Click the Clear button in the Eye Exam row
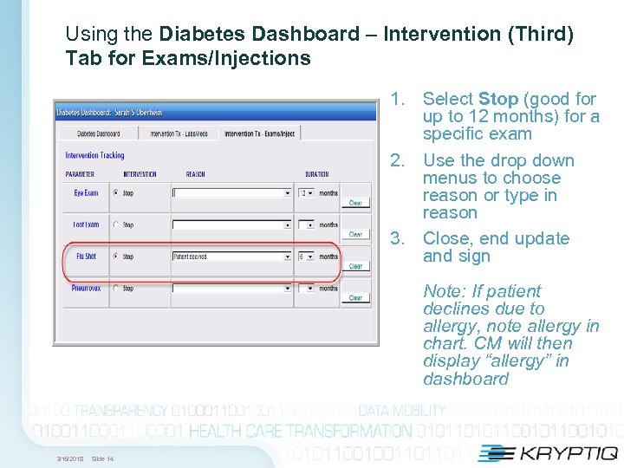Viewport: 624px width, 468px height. click(355, 203)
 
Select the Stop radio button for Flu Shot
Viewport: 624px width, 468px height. click(116, 257)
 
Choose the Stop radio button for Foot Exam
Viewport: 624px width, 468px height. click(116, 225)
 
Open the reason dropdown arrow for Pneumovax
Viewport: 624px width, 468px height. click(288, 289)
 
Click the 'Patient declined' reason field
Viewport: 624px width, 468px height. click(227, 257)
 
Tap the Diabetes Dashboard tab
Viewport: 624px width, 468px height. click(98, 133)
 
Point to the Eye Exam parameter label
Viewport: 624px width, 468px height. click(86, 193)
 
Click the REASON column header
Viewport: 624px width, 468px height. click(196, 174)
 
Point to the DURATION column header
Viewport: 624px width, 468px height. click(317, 174)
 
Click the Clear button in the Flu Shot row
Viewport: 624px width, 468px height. click(355, 266)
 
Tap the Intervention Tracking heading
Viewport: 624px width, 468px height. click(94, 156)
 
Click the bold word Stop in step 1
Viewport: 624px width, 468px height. click(497, 100)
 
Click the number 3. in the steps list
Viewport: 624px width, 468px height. click(398, 239)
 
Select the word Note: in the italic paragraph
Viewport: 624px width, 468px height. click(444, 291)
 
